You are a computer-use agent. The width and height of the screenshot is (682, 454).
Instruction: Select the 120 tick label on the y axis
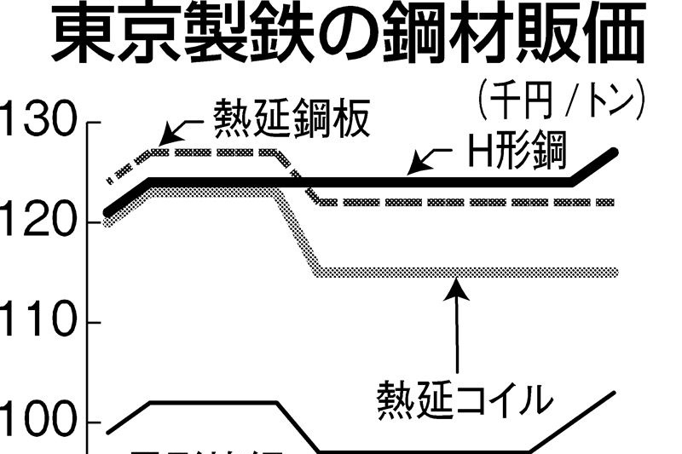pos(38,223)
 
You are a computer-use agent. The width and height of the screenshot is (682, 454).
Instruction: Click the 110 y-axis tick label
pos(38,323)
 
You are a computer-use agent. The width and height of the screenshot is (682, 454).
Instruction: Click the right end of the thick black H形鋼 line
pos(616,152)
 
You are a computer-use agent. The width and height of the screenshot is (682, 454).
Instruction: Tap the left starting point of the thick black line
pos(107,212)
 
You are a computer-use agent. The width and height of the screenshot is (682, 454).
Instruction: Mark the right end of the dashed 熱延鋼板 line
pos(614,203)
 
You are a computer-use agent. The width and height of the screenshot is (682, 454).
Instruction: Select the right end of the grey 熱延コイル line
pos(616,273)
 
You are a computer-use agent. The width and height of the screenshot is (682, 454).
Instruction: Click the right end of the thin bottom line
pos(616,392)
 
